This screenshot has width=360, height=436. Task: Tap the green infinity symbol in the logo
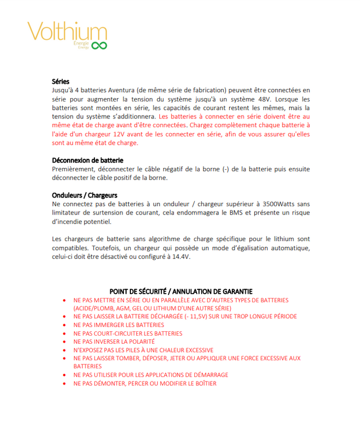(99, 45)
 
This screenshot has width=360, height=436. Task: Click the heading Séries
(61, 81)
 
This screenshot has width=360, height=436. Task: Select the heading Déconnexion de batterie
(87, 160)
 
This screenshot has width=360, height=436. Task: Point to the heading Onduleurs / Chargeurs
(85, 195)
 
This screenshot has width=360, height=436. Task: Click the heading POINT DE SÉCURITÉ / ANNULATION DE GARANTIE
(181, 291)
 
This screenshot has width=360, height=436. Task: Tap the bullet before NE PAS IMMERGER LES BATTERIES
(65, 325)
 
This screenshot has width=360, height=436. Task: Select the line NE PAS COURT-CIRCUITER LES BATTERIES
(128, 333)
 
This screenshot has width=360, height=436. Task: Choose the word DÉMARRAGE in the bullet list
(207, 375)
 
